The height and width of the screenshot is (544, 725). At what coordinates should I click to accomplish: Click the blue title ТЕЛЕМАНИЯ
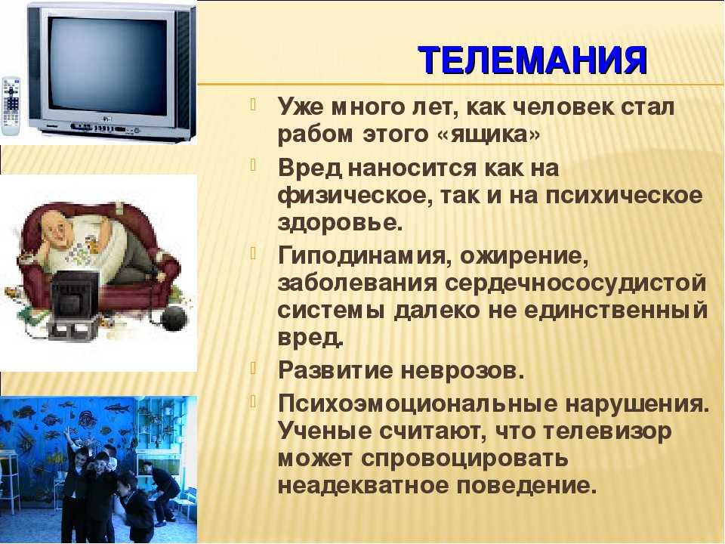[532, 60]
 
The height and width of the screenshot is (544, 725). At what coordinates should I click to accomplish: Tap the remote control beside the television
[11, 106]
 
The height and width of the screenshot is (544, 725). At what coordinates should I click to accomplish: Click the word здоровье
[341, 223]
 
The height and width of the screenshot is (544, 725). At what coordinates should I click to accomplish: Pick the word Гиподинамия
[362, 256]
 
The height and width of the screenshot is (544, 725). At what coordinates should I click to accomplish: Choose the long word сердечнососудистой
[575, 283]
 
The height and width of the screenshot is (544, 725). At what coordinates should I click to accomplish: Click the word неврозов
[462, 370]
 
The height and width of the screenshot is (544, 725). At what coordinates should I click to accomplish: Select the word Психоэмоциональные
[418, 403]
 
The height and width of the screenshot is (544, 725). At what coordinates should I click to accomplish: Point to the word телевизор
[606, 431]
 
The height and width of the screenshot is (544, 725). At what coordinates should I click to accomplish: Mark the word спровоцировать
[464, 459]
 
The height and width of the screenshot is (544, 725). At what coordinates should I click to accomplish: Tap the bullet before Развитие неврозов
[253, 368]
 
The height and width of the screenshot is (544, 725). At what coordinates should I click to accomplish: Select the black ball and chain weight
[174, 317]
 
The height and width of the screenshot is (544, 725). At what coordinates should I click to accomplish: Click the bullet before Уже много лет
[253, 104]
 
